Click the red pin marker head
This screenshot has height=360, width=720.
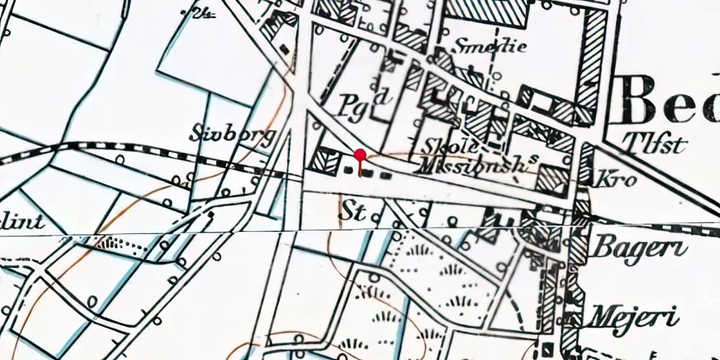pos(360,155)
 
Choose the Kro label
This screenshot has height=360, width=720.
pos(616,179)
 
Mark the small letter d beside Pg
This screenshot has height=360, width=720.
pos(384,95)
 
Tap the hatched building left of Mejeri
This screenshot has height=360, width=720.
pos(574,317)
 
